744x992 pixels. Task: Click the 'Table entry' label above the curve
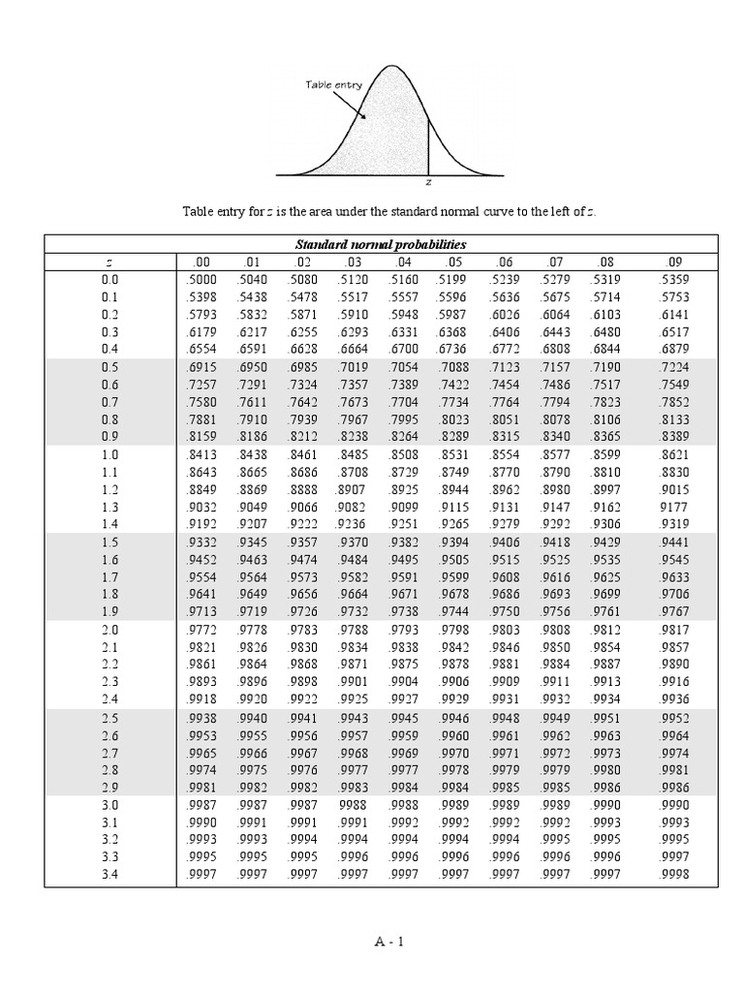(334, 85)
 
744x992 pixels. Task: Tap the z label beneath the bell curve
(429, 181)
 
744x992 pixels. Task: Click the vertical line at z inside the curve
(428, 145)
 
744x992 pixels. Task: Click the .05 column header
(453, 262)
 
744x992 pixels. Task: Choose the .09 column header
(674, 262)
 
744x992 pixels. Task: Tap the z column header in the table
(109, 262)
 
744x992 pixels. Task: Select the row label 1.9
(109, 611)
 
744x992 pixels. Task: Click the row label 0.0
(109, 279)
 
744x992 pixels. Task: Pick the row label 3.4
(109, 874)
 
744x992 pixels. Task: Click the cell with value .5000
(200, 279)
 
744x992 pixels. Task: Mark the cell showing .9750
(505, 611)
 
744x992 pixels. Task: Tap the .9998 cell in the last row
(674, 874)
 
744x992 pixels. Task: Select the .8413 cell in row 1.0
(200, 454)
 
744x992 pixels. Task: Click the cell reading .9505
(453, 559)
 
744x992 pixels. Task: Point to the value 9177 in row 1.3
(674, 507)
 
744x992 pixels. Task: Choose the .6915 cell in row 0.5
(200, 367)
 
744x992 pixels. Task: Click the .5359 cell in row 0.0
(674, 279)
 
